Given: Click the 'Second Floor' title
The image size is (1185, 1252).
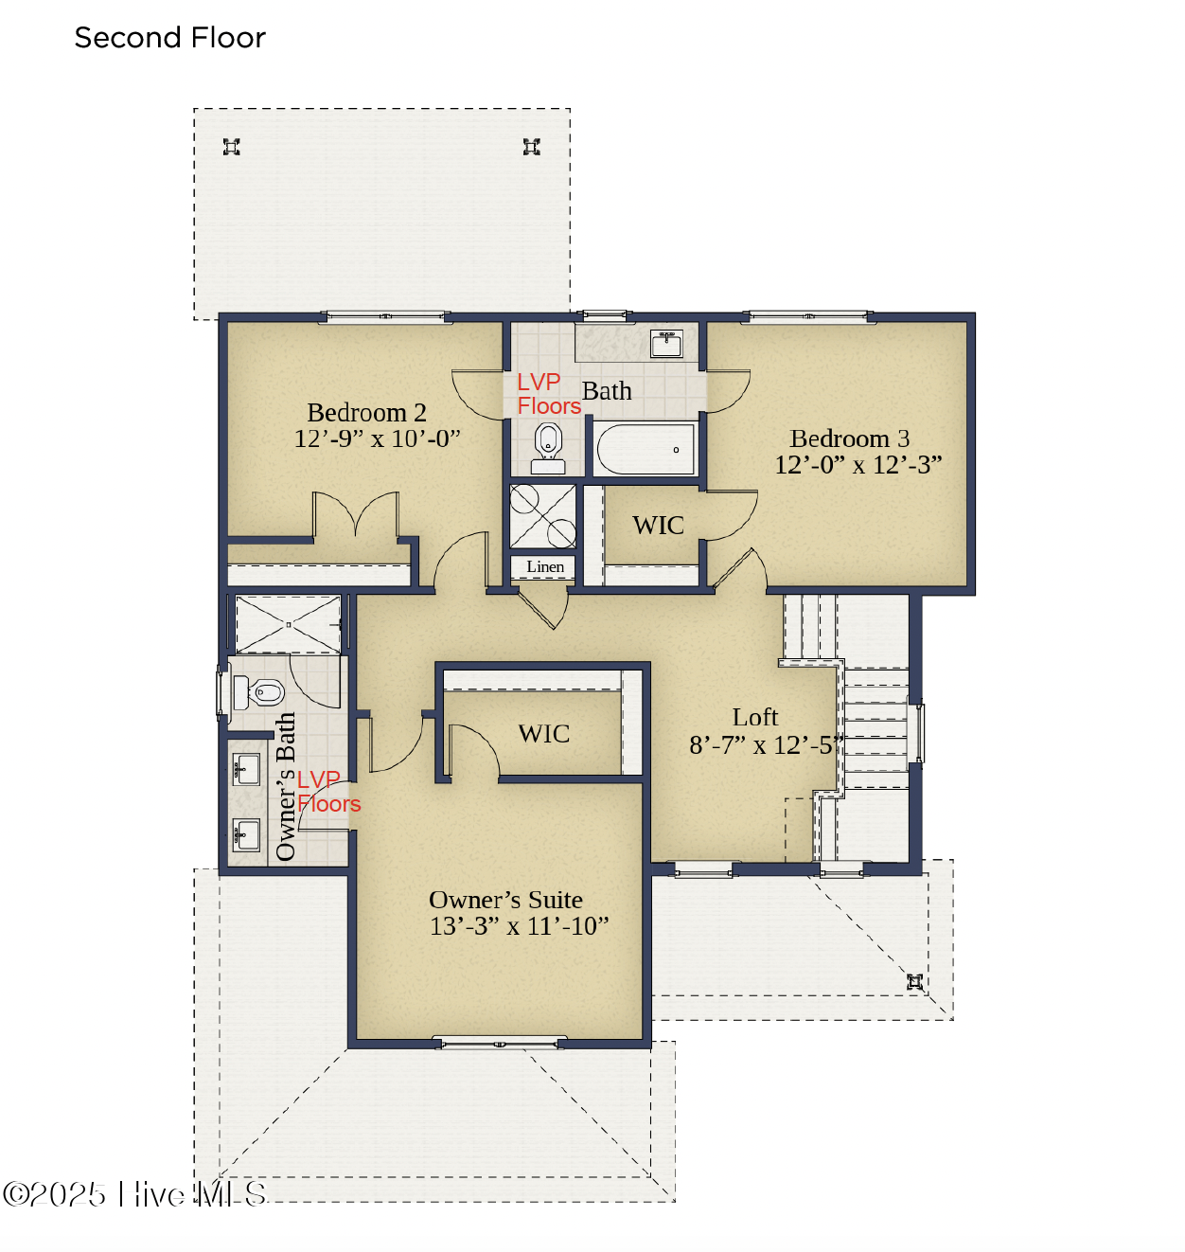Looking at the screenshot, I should (169, 38).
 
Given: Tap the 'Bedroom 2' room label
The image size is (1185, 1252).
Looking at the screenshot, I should (366, 413).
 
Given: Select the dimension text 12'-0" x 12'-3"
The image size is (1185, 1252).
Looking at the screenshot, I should (858, 465).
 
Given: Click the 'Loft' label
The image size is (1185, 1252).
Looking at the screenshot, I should (754, 718).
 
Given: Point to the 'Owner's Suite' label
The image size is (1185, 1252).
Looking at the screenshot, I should (505, 900).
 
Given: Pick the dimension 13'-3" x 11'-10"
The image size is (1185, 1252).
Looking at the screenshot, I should (519, 926).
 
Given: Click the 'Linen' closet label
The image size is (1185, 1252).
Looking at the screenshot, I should (544, 567).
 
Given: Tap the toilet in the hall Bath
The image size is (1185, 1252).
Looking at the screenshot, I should (548, 446).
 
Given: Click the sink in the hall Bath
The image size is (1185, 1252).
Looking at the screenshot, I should (666, 343).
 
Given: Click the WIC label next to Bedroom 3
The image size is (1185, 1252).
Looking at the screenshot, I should (658, 526).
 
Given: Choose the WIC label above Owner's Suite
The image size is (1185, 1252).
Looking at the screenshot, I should (543, 734).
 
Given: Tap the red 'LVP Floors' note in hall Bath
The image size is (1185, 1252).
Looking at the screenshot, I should (547, 394).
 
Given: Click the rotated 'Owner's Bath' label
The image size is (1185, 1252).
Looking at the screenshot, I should (285, 786).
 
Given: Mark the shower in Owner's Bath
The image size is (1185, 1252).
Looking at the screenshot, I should (288, 624).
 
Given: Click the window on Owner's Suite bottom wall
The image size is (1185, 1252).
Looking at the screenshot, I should (499, 1044).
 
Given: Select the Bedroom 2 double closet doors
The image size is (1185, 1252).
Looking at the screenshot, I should (356, 516).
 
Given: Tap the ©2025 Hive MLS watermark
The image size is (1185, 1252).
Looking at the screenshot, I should (134, 1194).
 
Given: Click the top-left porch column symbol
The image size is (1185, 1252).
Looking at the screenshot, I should (231, 147).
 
